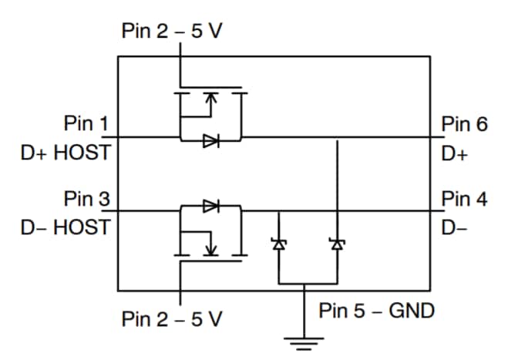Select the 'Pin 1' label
(x=86, y=124)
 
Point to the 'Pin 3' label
(x=86, y=199)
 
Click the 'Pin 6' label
(x=464, y=124)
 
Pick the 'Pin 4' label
(x=464, y=199)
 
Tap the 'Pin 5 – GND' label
(x=377, y=311)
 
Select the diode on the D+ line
(x=210, y=140)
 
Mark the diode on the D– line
(x=210, y=206)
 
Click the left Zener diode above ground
(x=278, y=244)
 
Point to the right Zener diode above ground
(x=336, y=244)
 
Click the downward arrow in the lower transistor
(x=210, y=247)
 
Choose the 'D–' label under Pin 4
(x=452, y=227)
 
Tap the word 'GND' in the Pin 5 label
(x=413, y=311)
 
